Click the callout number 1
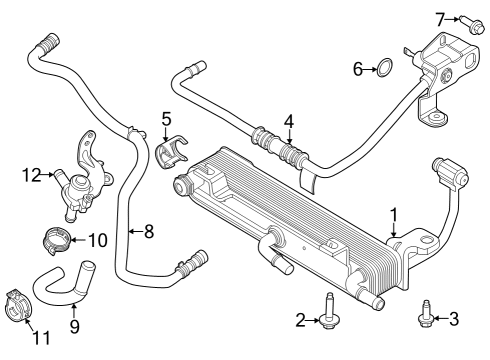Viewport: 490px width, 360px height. [x=394, y=213]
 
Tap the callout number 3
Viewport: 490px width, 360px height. [x=455, y=319]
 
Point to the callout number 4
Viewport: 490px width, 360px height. [x=289, y=122]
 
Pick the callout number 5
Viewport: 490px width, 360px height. [x=167, y=118]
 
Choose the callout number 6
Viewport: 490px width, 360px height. [x=357, y=68]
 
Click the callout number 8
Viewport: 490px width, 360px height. [x=148, y=232]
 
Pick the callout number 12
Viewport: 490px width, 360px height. [x=30, y=174]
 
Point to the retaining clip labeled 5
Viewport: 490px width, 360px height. [x=171, y=150]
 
